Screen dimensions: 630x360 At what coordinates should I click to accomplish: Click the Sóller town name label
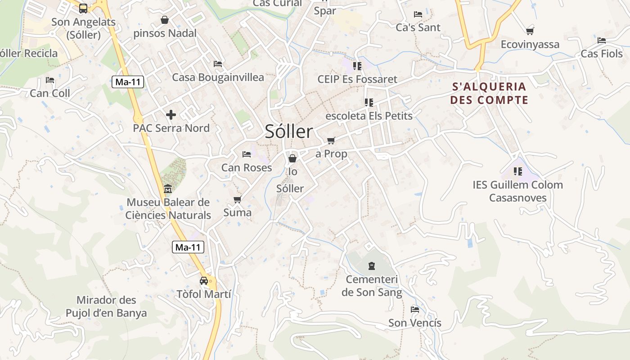click(288, 131)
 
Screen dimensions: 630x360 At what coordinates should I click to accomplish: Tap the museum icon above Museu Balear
click(168, 188)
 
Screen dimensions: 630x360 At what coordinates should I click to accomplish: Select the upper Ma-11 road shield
click(128, 82)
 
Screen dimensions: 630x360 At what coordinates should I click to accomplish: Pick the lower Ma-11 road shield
click(188, 247)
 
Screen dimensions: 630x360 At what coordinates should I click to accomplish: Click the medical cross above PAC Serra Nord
click(171, 115)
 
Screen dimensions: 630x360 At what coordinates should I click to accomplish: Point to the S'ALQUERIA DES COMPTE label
click(489, 93)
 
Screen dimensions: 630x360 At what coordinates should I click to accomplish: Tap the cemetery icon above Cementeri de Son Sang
click(371, 266)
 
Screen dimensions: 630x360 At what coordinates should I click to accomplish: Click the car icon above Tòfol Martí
click(204, 281)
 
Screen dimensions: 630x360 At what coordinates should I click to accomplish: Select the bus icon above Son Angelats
click(83, 8)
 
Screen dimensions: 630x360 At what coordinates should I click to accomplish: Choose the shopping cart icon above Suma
click(237, 199)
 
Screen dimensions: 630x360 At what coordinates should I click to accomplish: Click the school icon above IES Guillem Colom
click(518, 171)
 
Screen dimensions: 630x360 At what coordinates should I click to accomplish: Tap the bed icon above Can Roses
click(247, 154)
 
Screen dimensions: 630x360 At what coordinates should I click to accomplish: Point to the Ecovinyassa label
click(530, 45)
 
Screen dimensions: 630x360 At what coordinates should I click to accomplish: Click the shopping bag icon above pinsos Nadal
click(165, 20)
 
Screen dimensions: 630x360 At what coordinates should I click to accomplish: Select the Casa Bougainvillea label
click(218, 77)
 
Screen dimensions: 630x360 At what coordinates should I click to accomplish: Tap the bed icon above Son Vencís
click(415, 310)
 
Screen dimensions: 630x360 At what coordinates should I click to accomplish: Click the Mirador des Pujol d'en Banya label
click(106, 306)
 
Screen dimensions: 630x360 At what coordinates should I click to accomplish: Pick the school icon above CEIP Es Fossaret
click(357, 66)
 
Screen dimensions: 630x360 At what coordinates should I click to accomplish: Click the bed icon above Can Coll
click(50, 80)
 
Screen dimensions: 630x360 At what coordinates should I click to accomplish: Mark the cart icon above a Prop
click(331, 140)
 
